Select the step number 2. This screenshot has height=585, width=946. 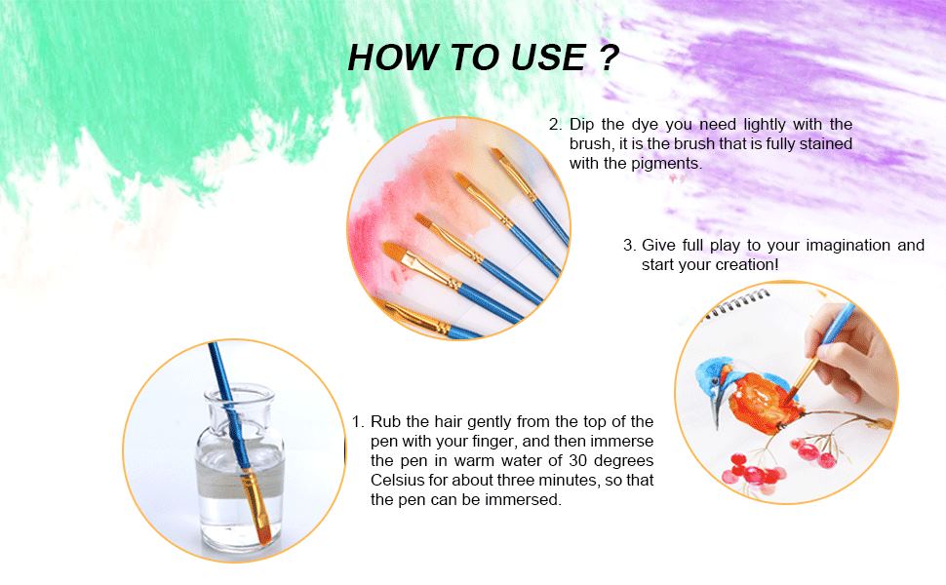pyautogui.click(x=554, y=125)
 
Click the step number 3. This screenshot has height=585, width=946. pyautogui.click(x=628, y=246)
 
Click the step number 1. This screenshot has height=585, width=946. pyautogui.click(x=357, y=422)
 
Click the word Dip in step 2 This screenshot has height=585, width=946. pyautogui.click(x=582, y=125)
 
